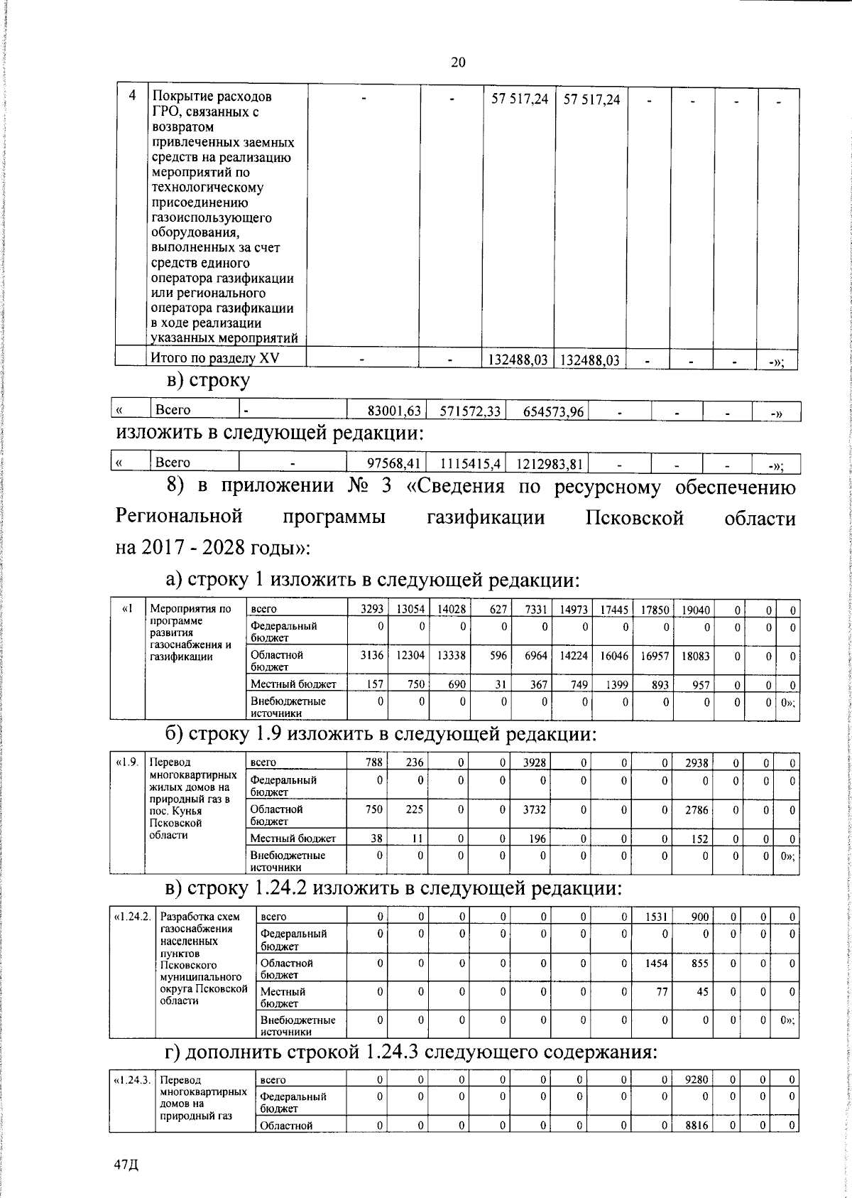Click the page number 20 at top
tap(458, 63)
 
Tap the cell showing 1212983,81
tap(550, 465)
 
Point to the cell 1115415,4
tap(471, 465)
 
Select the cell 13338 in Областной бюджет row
tap(452, 656)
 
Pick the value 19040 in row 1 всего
tap(695, 609)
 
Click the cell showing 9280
tap(696, 1100)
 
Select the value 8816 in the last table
tap(696, 1145)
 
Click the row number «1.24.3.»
tap(132, 1100)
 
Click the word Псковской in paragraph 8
tap(635, 517)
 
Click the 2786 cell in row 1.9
tap(696, 809)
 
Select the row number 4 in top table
tap(133, 96)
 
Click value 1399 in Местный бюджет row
tap(615, 684)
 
